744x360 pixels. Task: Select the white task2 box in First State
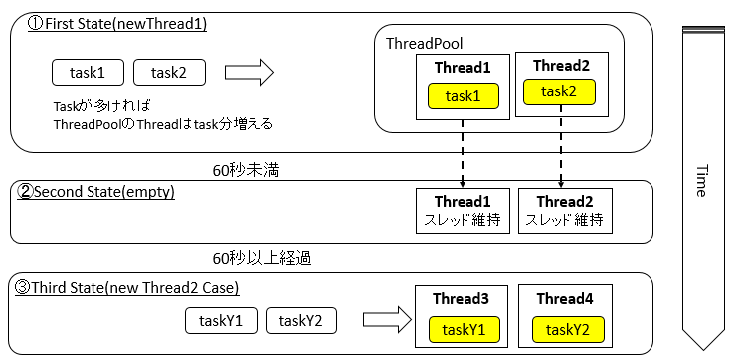pos(166,72)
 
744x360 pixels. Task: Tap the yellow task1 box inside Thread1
pos(463,96)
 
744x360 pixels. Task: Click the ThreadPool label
pos(424,45)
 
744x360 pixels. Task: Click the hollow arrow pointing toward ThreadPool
pos(248,72)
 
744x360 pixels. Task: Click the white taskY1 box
pos(221,320)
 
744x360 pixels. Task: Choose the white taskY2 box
pos(301,320)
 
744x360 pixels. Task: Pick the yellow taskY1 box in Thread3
pos(463,329)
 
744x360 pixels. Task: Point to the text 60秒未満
pos(246,170)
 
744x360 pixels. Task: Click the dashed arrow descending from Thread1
pos(464,152)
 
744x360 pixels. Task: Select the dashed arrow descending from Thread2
pos(560,152)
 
